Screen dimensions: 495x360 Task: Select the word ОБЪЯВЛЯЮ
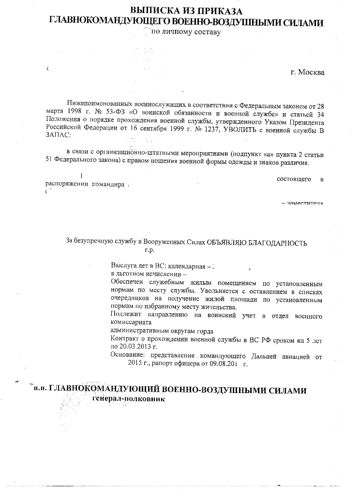(x=226, y=243)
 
